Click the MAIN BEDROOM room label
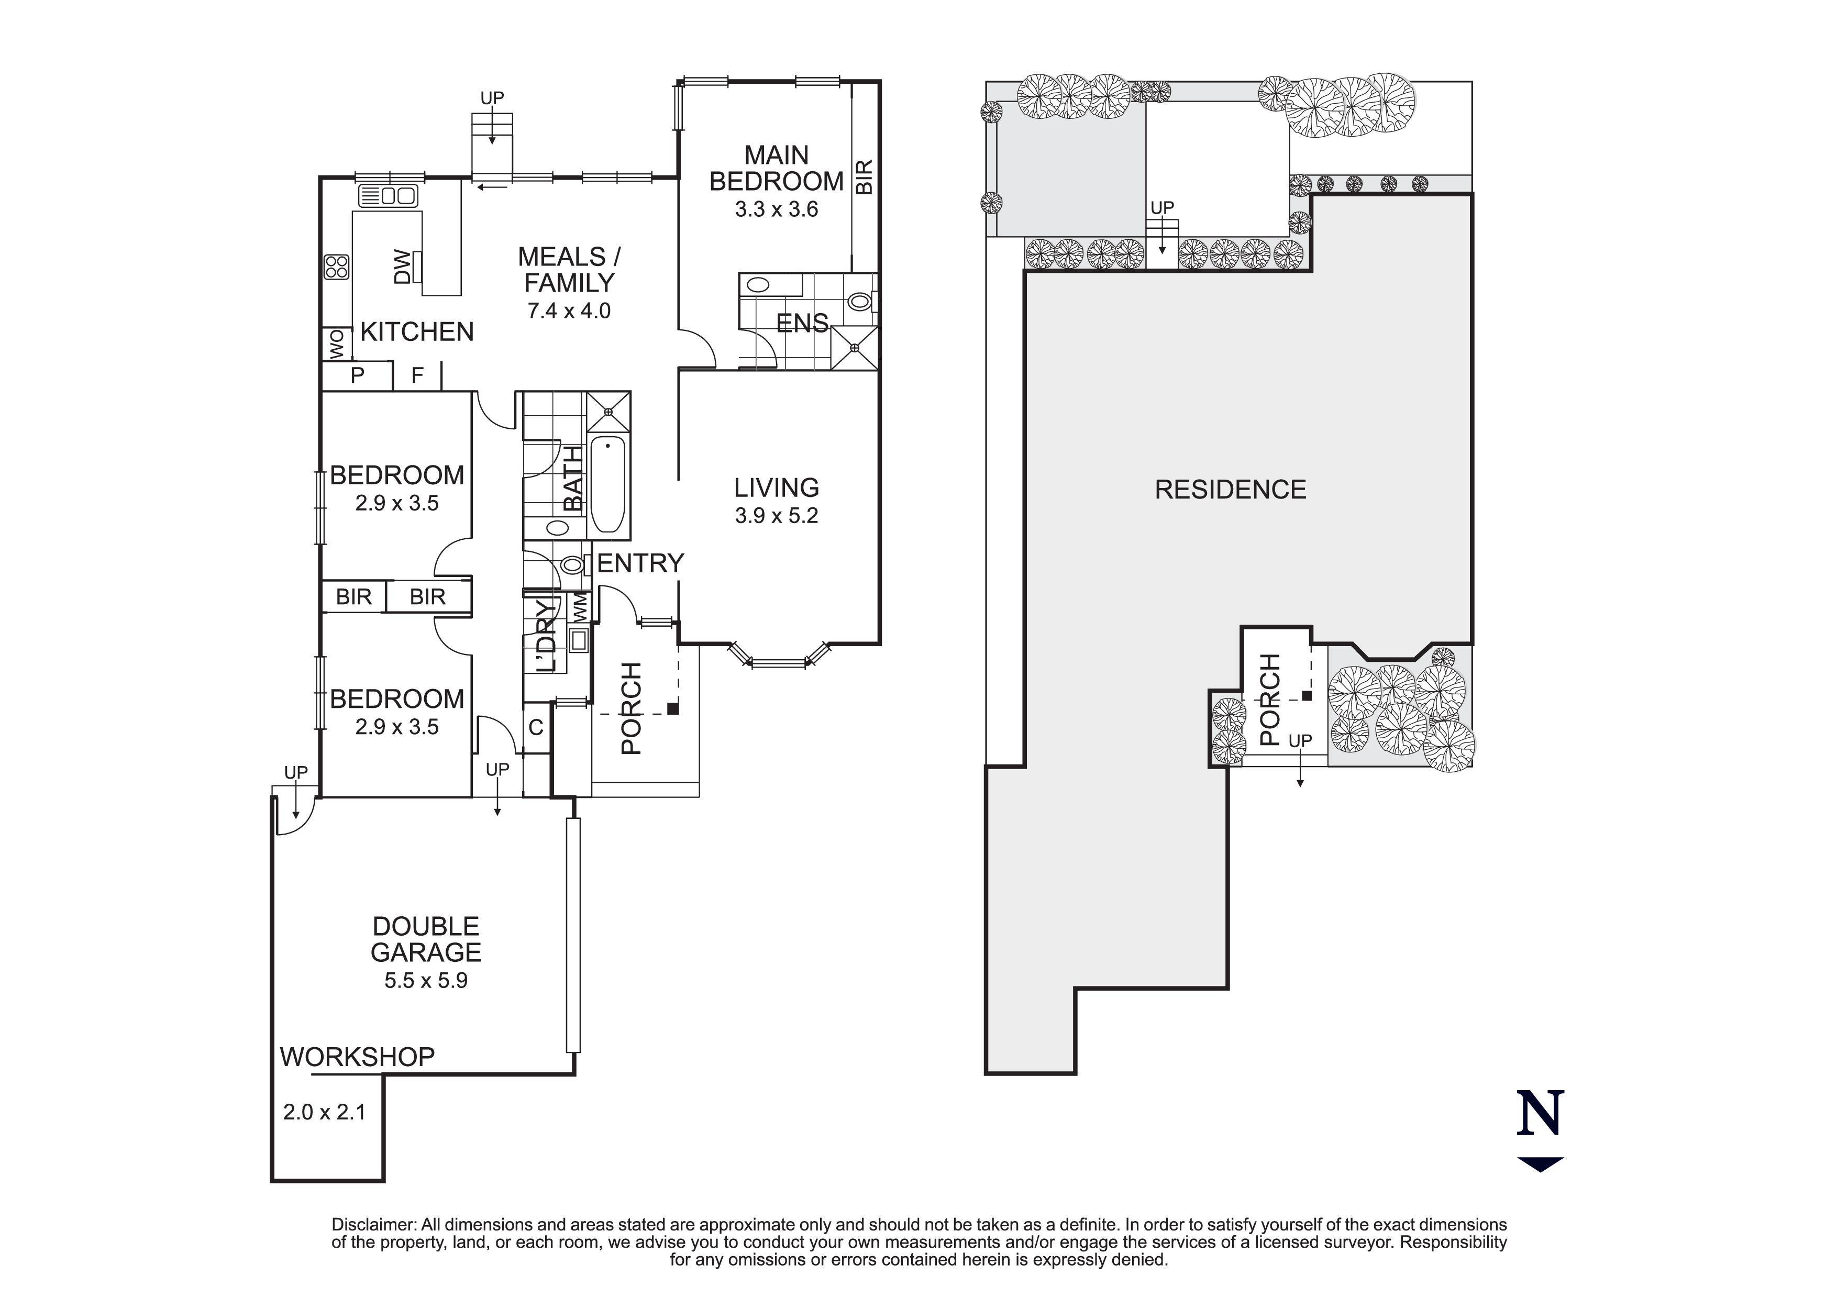pos(776,168)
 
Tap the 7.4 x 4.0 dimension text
pos(568,310)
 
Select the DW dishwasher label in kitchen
pos(403,267)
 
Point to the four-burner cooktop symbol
pos(337,267)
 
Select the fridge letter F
pos(417,375)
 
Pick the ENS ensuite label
pos(802,323)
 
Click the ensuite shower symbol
pos(855,348)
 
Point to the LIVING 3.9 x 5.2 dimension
pos(776,516)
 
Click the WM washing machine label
pos(580,606)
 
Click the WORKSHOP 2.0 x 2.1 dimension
pos(324,1112)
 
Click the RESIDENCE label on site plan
pos(1230,490)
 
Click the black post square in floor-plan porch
pos(673,708)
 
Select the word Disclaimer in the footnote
pos(374,1224)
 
